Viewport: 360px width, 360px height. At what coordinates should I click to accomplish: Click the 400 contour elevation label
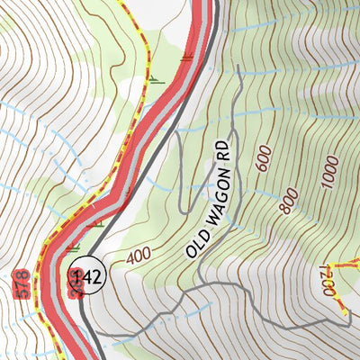[139, 256]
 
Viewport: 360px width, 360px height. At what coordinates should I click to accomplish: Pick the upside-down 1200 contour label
[328, 281]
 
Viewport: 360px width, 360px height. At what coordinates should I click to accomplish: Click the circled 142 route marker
[87, 276]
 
